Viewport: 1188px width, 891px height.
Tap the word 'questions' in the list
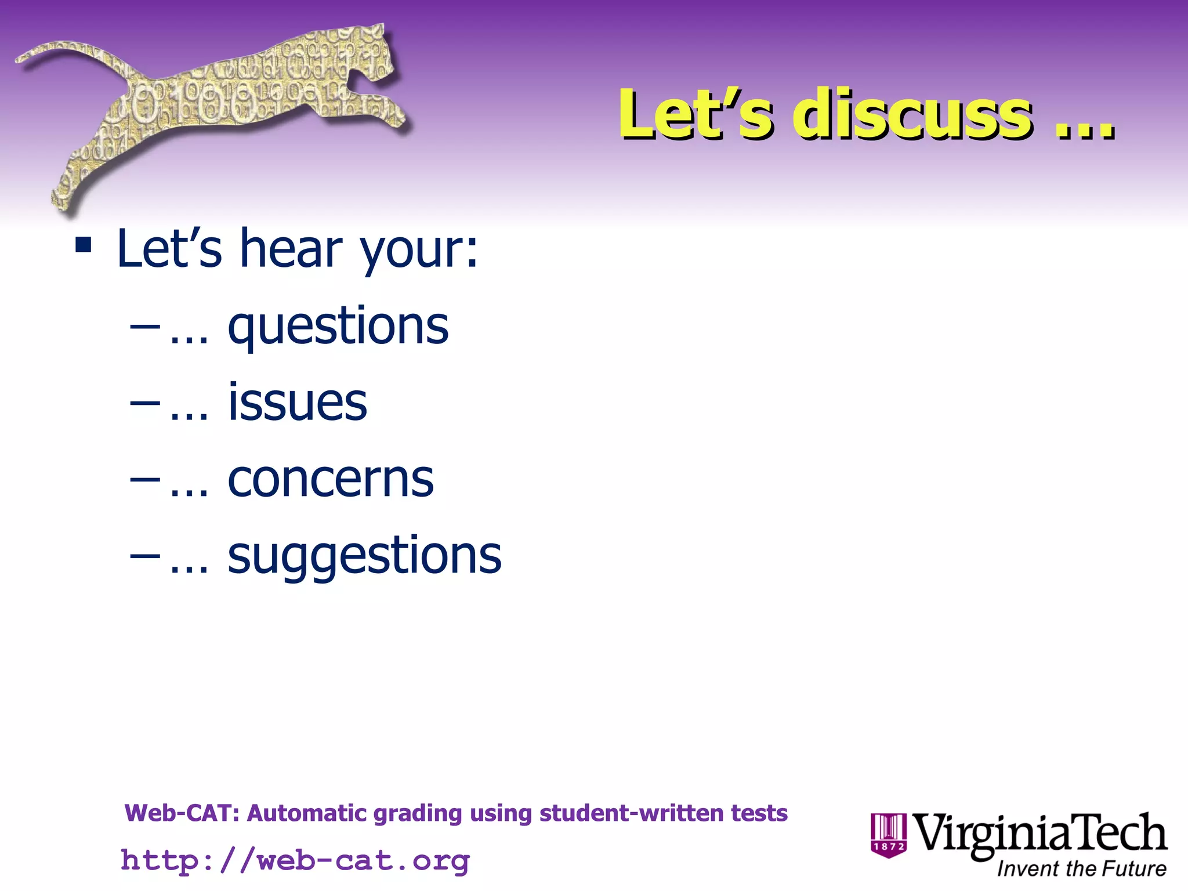click(x=338, y=326)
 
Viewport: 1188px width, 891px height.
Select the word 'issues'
click(x=298, y=403)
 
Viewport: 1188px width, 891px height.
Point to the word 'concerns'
click(x=331, y=480)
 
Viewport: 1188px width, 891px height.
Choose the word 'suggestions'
click(x=364, y=556)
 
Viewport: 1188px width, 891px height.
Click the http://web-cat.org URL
click(x=295, y=860)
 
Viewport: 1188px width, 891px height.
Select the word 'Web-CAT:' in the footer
click(x=182, y=813)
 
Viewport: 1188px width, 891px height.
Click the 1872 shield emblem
click(x=888, y=835)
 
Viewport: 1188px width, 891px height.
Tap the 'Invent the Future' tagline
click(x=1081, y=869)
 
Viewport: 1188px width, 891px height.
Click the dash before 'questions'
click(x=145, y=327)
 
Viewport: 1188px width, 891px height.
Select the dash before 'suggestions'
click(x=145, y=556)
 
